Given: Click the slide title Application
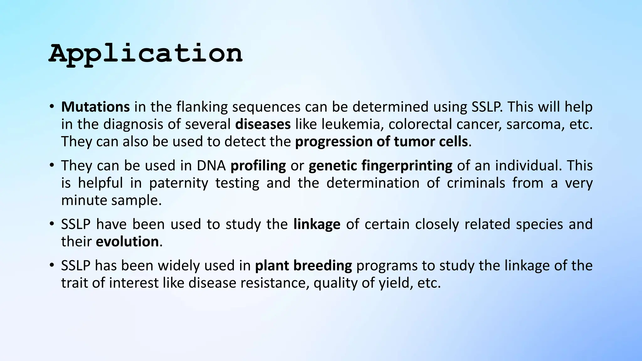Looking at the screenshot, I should (145, 54).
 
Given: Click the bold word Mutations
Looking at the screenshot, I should (95, 107).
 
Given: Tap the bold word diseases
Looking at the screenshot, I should (263, 124).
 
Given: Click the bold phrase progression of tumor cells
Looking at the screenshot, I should (382, 142).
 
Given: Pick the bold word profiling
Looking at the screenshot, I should (258, 166).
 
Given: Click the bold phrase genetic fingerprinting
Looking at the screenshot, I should (380, 166).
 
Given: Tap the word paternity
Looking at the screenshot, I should (178, 183).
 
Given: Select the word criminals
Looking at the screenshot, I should (476, 183).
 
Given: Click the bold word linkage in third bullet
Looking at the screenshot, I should (317, 224).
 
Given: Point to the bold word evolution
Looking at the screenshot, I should (127, 242).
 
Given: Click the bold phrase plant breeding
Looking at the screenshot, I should (303, 266).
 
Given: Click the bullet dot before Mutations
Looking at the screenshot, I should (52, 107).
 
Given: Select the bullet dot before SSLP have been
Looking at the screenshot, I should (52, 224).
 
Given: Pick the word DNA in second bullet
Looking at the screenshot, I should (211, 166).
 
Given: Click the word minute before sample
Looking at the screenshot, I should (84, 200).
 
